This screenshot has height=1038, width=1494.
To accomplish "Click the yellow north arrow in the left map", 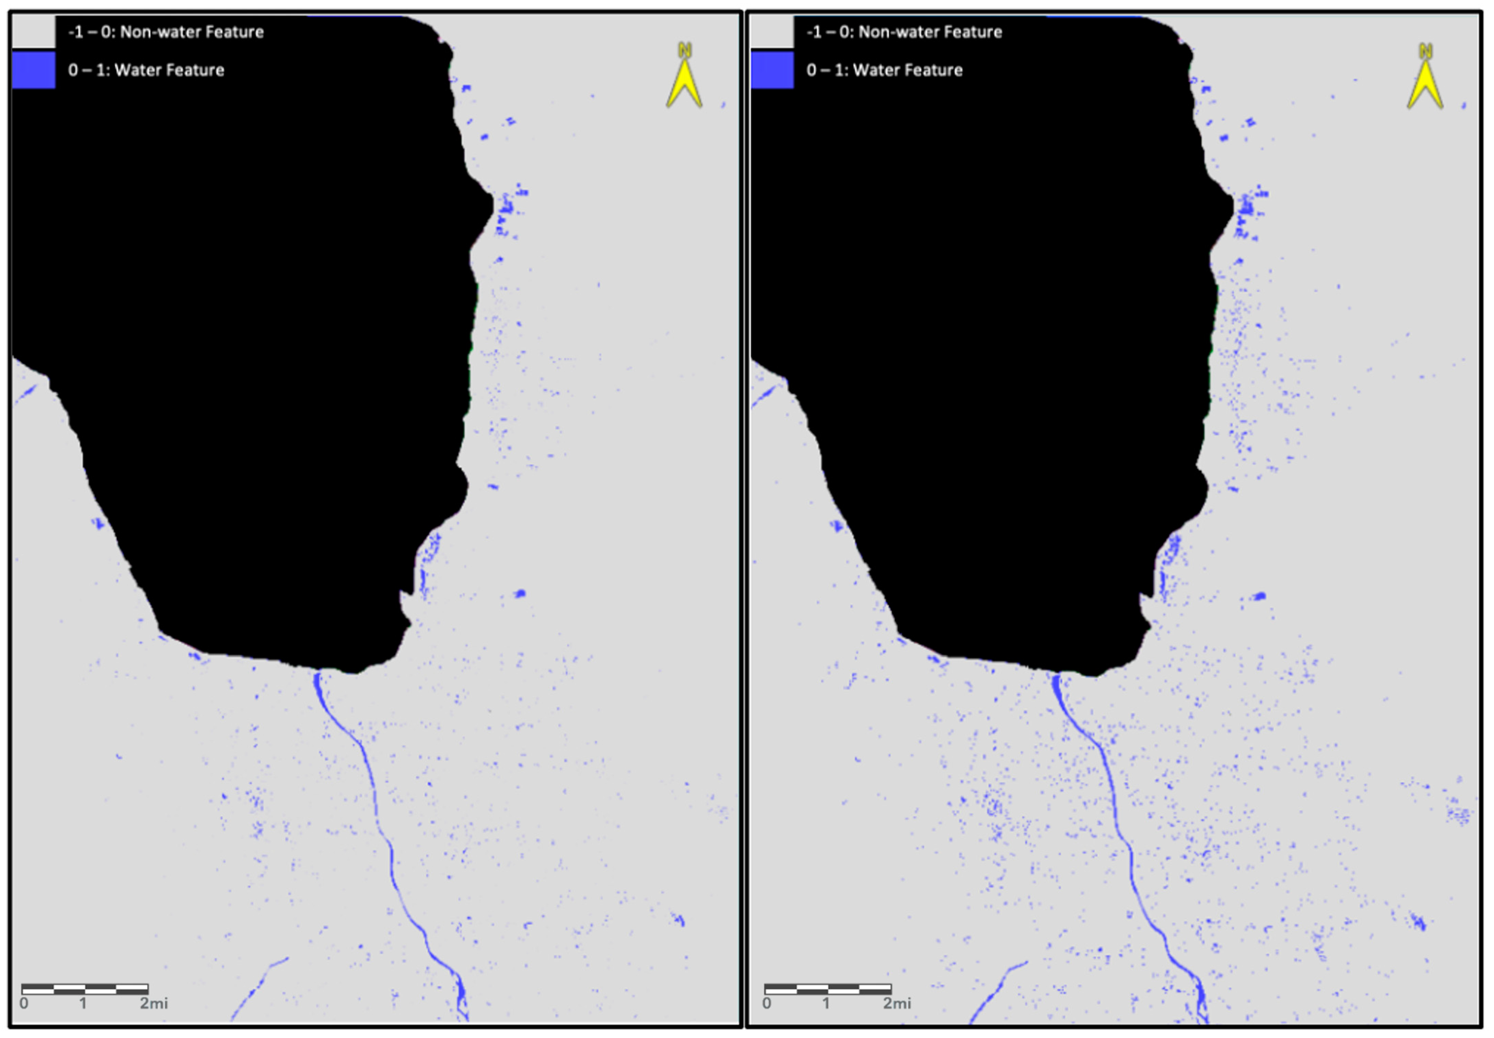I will pyautogui.click(x=684, y=84).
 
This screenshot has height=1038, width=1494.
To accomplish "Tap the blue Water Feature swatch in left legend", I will pyautogui.click(x=34, y=70).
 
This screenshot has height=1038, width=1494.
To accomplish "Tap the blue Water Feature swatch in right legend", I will pyautogui.click(x=772, y=70).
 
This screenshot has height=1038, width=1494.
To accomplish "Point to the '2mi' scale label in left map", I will pyautogui.click(x=154, y=1003).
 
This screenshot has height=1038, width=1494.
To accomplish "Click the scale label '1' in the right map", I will pyautogui.click(x=826, y=1003).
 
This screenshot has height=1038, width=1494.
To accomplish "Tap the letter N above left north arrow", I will pyautogui.click(x=684, y=50).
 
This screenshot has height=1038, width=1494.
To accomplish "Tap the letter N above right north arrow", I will pyautogui.click(x=1425, y=51).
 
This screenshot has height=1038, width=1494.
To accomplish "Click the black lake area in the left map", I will pyautogui.click(x=260, y=325).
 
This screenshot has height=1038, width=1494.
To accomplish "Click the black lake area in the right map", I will pyautogui.click(x=1001, y=325).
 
